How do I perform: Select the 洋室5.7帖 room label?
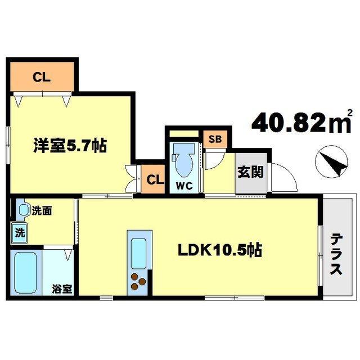click(x=69, y=147)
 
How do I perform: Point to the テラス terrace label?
click(x=336, y=253)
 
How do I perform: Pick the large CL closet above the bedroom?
click(x=42, y=78)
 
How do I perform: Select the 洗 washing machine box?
click(x=19, y=231)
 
